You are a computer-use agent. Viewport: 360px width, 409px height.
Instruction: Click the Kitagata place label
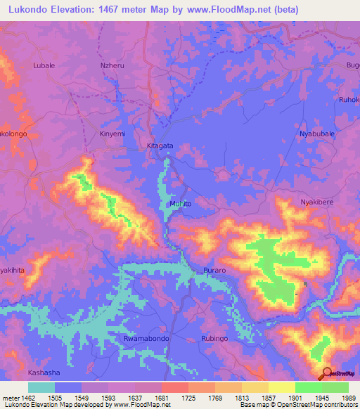coord(160,146)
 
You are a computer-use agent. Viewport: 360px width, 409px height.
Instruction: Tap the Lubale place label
coord(44,65)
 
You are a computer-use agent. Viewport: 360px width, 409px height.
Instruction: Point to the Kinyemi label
coord(112,134)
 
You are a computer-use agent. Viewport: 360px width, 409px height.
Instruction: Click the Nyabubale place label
coord(317,134)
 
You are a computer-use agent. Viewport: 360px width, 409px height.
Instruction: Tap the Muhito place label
coord(180,203)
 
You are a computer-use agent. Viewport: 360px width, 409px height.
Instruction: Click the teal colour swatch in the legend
coord(41,387)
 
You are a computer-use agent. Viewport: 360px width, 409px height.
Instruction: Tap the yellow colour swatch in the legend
coord(281,387)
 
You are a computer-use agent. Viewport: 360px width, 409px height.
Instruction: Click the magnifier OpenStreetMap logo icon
coord(326,372)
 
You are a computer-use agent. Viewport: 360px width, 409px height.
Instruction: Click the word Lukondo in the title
coord(27,10)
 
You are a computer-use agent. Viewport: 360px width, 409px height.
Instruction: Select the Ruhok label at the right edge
coord(349,99)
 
